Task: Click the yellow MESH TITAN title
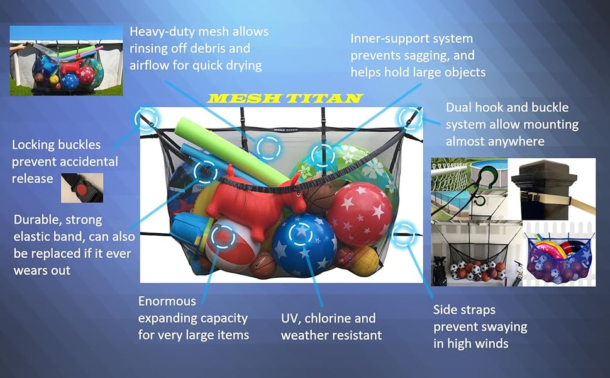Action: (286, 99)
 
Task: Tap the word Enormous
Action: (167, 302)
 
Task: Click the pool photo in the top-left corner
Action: (56, 61)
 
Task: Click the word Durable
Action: (38, 220)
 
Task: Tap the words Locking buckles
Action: (56, 146)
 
